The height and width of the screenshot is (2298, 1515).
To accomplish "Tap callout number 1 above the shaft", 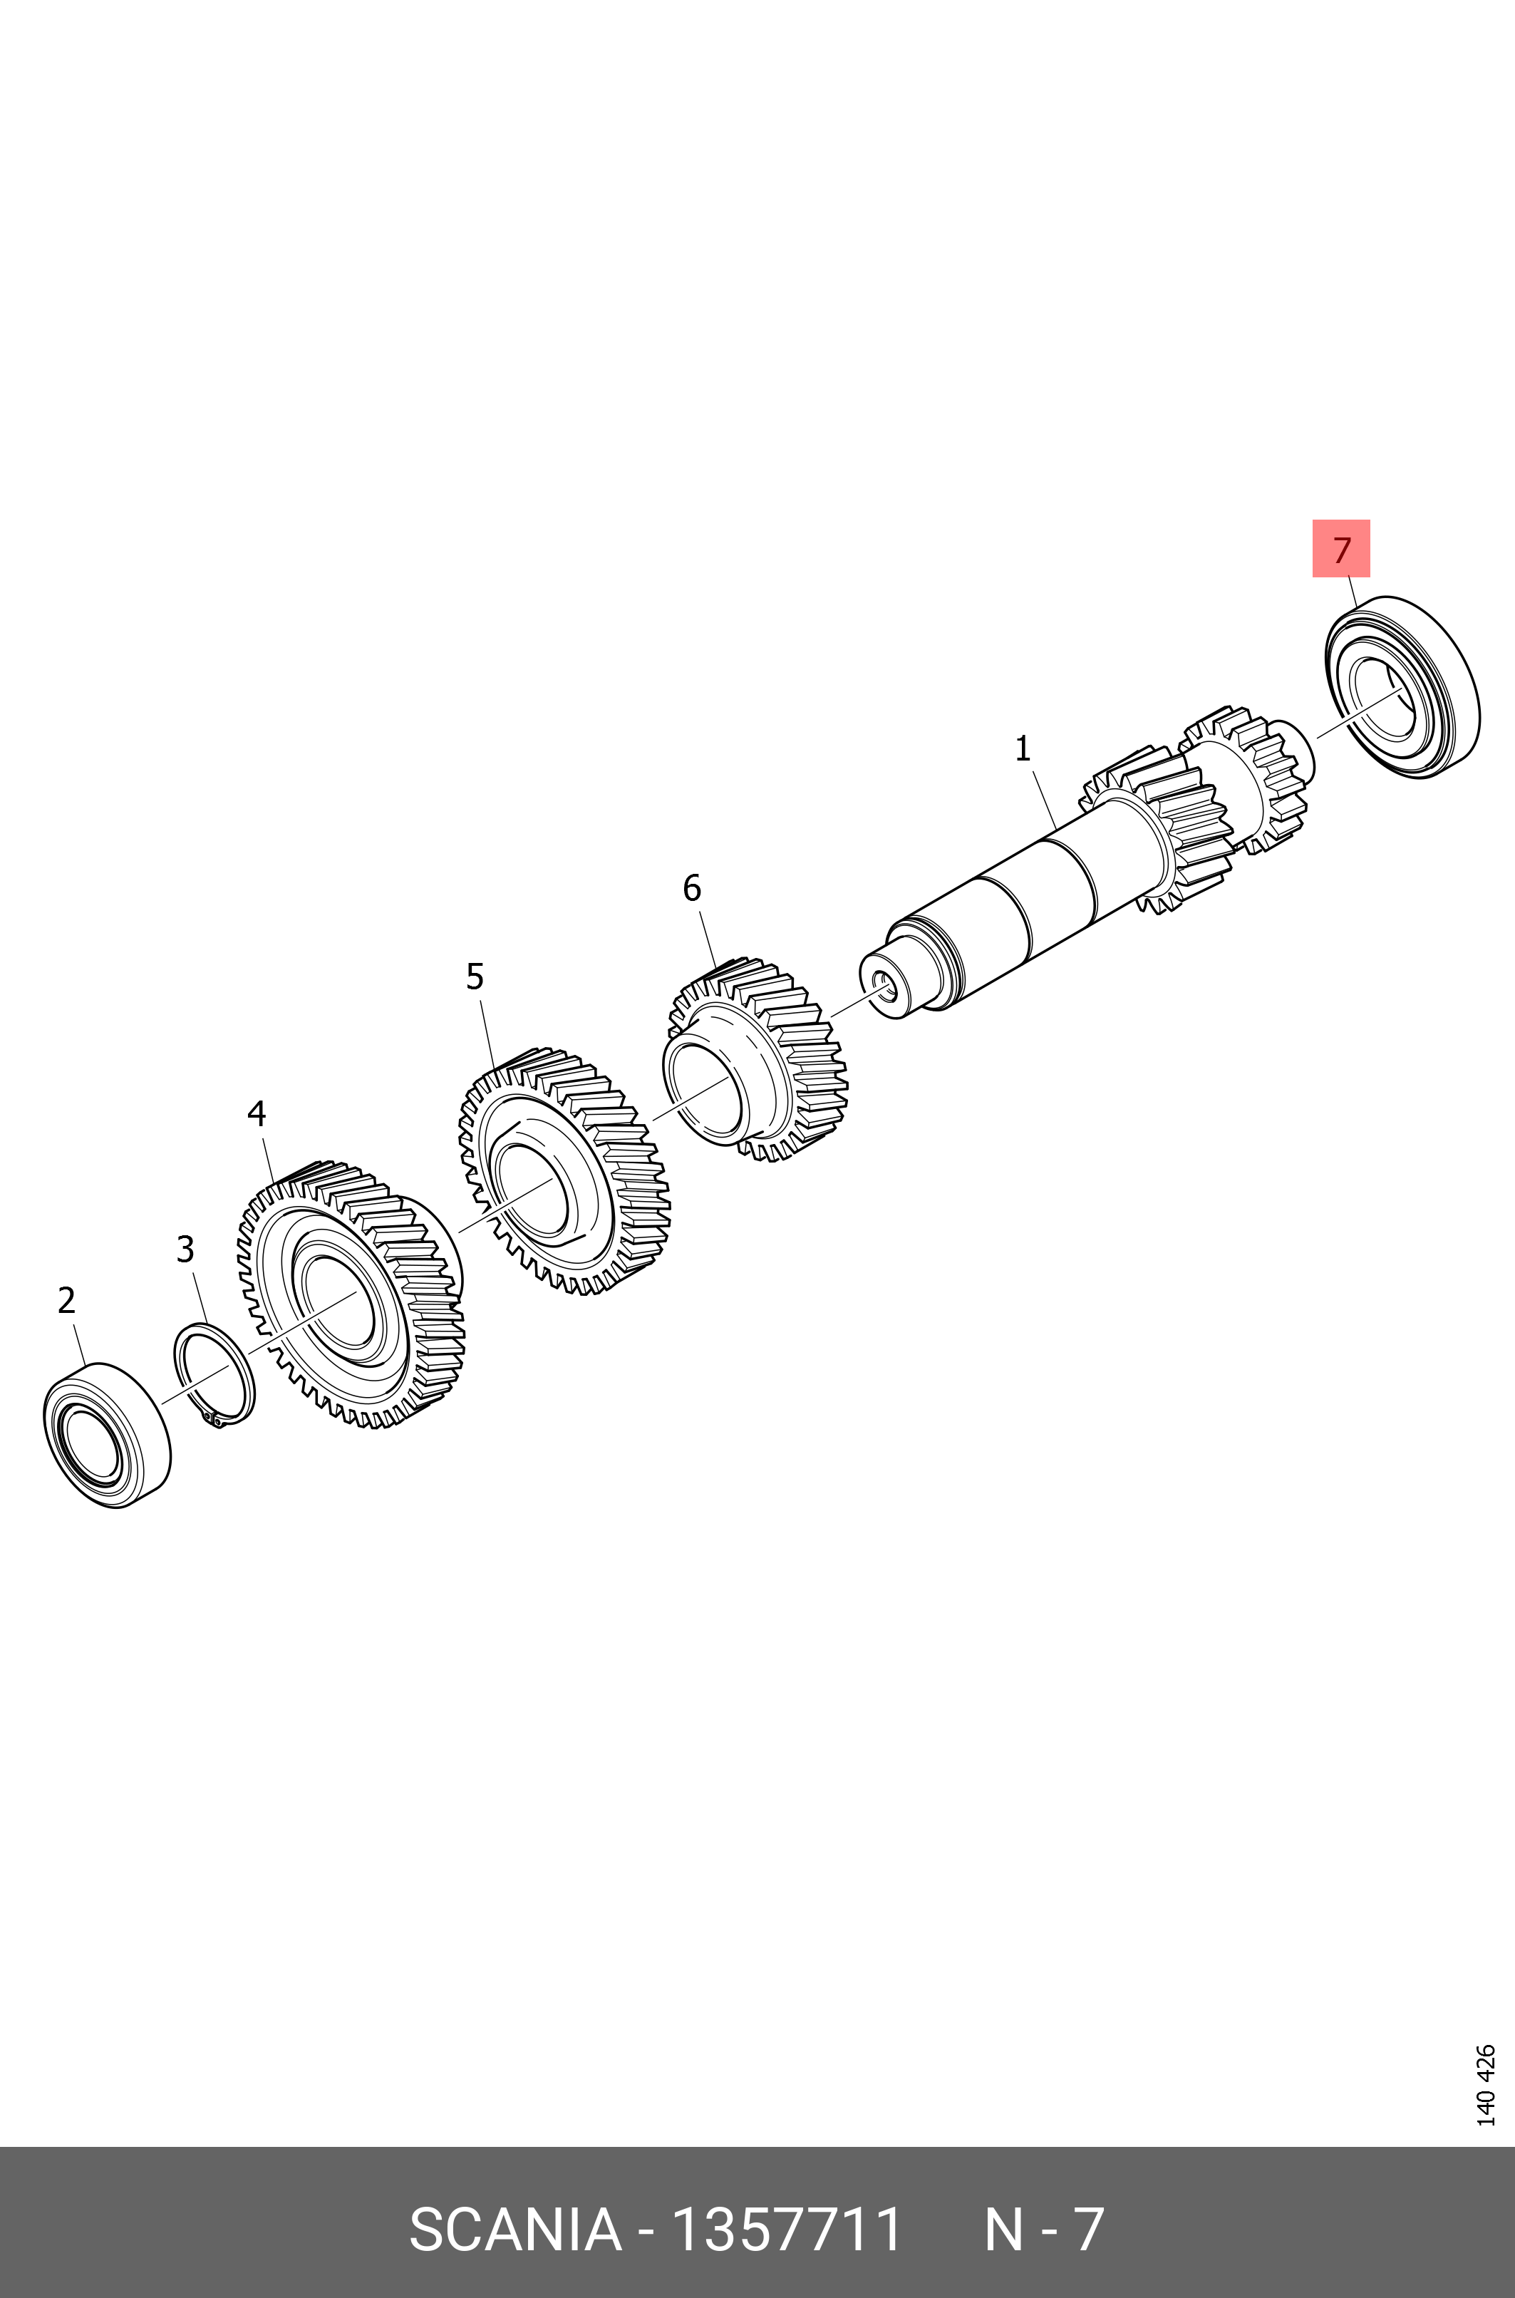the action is pos(1023,749).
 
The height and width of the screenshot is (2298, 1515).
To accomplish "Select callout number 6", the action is pos(692,888).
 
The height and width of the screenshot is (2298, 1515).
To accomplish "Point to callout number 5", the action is pos(475,977).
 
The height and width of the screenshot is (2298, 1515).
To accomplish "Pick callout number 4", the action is pos(256,1114).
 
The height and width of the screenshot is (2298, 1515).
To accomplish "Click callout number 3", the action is pos(185,1250).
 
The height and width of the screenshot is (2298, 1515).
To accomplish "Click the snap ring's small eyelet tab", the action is pos(217,1420).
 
